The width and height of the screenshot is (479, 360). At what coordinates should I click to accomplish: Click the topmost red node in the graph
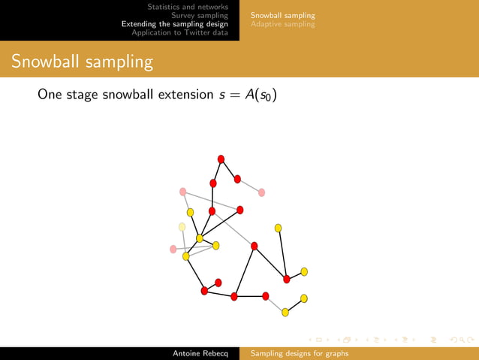(x=221, y=158)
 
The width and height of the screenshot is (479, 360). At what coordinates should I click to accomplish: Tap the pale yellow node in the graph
(x=182, y=226)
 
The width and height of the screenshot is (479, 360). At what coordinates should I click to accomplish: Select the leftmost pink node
(x=173, y=249)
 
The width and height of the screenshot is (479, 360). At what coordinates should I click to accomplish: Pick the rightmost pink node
(x=261, y=192)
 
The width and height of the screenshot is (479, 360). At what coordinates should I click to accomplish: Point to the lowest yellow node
(x=285, y=312)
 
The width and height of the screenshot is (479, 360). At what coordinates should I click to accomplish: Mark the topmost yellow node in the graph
(x=191, y=212)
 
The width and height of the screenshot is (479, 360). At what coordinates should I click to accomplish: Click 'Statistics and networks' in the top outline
(x=188, y=6)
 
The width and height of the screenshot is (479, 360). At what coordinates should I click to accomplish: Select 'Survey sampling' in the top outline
(x=199, y=15)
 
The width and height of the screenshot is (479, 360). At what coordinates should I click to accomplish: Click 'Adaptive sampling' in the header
(x=283, y=24)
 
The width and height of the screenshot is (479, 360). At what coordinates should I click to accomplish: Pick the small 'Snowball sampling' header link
(x=283, y=15)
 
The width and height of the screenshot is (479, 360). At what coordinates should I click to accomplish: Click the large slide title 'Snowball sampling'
(x=82, y=62)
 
